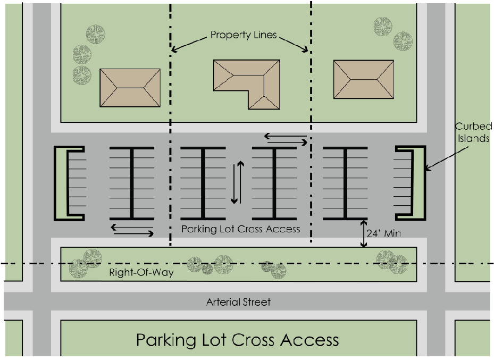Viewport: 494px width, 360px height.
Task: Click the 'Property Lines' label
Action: coord(244,36)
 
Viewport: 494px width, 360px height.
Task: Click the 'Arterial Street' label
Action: coord(238,302)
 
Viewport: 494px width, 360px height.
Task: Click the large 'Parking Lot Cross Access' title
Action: coord(237,340)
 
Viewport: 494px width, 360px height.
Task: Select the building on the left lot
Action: coord(130,87)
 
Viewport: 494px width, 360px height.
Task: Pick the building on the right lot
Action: coord(364,79)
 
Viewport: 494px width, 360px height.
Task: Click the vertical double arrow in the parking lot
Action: coord(237,182)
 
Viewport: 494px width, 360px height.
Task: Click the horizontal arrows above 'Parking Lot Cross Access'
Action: coord(132,230)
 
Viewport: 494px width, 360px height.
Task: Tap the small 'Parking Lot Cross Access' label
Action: coord(240,229)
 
